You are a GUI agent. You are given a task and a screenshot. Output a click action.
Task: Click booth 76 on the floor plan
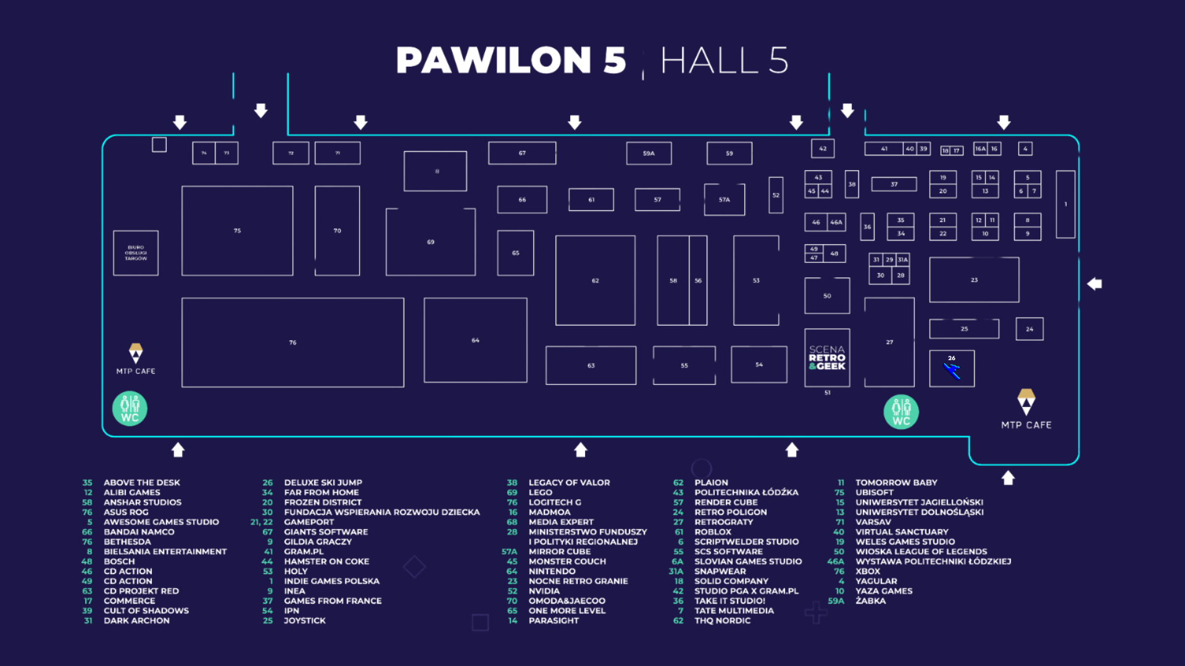293,342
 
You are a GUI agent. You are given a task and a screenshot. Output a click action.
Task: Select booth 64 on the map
475,340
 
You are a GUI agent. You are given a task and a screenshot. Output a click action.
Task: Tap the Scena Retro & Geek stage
827,358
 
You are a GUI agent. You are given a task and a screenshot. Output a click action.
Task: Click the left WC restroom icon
130,409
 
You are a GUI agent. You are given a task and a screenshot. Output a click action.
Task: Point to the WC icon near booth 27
901,412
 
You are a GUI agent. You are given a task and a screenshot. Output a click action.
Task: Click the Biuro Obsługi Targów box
136,253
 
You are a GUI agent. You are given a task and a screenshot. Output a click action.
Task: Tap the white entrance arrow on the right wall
1094,284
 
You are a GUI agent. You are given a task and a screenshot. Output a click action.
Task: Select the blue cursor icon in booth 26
952,371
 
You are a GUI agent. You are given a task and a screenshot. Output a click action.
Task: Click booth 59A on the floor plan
649,154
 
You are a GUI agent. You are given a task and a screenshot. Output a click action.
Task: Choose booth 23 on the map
974,280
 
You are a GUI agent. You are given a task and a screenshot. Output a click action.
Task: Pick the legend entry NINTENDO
552,572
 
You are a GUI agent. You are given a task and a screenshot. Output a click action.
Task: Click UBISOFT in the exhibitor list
874,493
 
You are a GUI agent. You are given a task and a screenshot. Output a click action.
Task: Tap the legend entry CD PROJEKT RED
141,591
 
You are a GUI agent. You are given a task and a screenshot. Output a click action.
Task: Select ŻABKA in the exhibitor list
870,601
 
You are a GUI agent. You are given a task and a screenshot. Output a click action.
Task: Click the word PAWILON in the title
494,60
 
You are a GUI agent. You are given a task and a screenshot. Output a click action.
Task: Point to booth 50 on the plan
827,296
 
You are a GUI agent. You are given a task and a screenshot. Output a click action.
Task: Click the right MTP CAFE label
1026,425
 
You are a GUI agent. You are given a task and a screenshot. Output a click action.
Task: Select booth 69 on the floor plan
430,242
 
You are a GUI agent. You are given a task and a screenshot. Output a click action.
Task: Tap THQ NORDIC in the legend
722,621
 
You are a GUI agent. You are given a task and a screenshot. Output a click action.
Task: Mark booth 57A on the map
724,200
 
